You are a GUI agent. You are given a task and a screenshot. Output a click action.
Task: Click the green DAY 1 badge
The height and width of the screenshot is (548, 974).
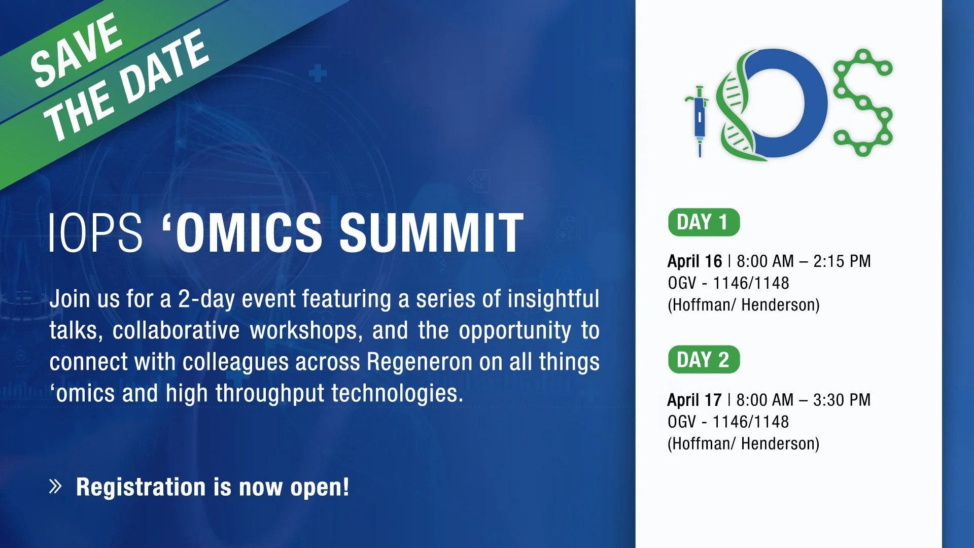[704, 222]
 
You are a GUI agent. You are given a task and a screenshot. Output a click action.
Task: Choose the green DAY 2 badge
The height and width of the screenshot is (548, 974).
[704, 360]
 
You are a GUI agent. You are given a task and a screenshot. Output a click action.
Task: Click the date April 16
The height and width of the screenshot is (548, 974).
[694, 261]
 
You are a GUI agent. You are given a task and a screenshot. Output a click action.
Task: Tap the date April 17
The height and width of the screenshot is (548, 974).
[694, 400]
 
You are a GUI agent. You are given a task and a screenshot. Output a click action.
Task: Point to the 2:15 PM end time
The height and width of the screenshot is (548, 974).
[842, 261]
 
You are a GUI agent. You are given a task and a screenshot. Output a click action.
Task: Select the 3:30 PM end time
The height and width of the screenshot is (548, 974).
[842, 400]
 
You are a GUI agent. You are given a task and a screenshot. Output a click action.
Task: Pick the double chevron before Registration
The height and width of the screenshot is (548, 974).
[55, 486]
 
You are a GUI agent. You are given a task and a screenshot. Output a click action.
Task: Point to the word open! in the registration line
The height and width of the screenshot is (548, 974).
[320, 487]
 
